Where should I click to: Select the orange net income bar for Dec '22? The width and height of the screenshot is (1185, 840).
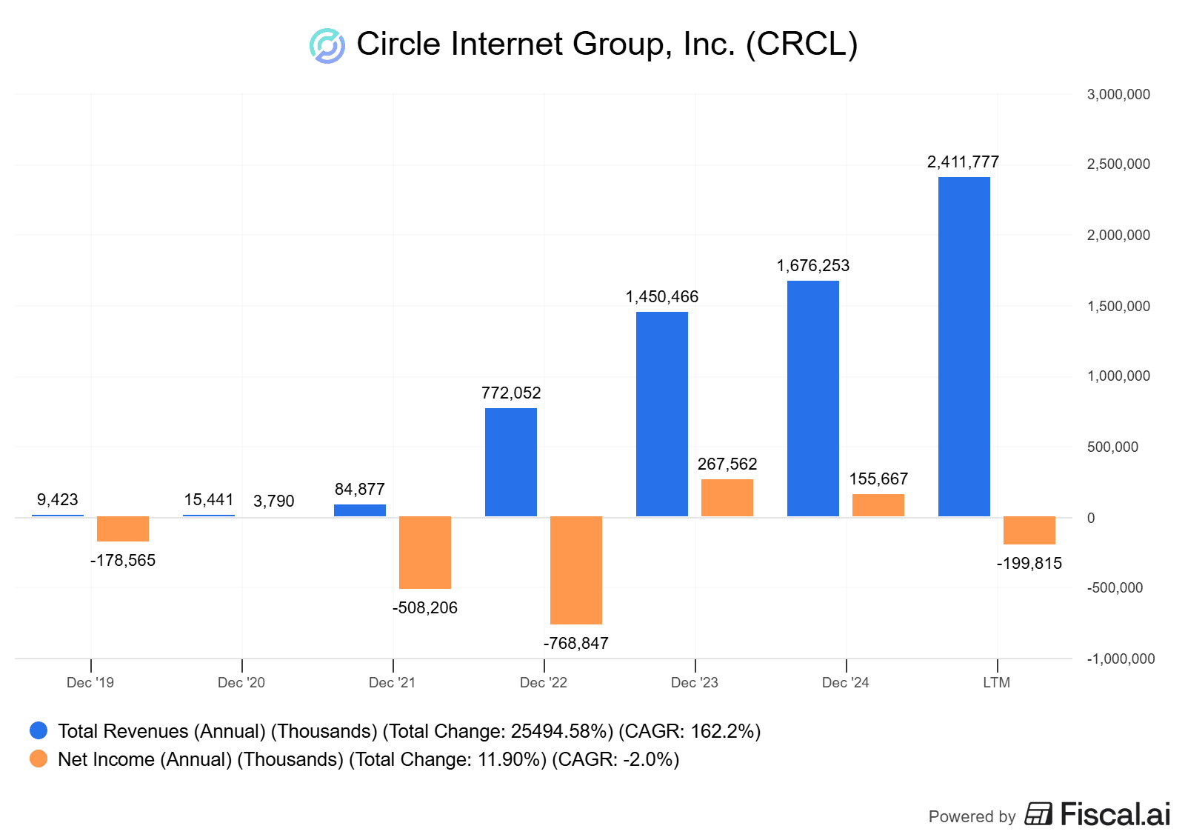click(x=575, y=570)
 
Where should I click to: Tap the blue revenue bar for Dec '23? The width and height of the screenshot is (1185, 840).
click(x=661, y=414)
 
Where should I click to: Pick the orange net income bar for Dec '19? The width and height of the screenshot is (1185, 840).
click(x=123, y=529)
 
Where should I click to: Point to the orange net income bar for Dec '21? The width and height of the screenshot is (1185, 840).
click(x=424, y=552)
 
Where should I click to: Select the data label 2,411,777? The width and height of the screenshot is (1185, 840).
click(x=963, y=162)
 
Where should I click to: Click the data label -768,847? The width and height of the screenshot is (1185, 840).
click(x=575, y=643)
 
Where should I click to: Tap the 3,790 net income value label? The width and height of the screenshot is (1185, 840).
click(x=273, y=501)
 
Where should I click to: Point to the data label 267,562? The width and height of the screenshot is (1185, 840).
click(x=727, y=464)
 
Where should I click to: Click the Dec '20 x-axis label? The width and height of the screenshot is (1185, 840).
click(x=241, y=682)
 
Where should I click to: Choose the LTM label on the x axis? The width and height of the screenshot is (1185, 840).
click(x=996, y=682)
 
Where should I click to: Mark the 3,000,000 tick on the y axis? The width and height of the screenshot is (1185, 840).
click(x=1118, y=94)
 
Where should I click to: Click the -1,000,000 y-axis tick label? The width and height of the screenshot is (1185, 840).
click(x=1121, y=659)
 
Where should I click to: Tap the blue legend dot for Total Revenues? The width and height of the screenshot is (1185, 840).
click(x=39, y=731)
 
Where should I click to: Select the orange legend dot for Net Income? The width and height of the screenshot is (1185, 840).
click(x=39, y=759)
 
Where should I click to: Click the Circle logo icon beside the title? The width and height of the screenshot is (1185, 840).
click(x=327, y=46)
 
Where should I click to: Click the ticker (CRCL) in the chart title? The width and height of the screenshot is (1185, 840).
click(x=801, y=44)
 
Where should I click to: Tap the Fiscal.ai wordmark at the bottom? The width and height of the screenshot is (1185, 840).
click(x=1115, y=814)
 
